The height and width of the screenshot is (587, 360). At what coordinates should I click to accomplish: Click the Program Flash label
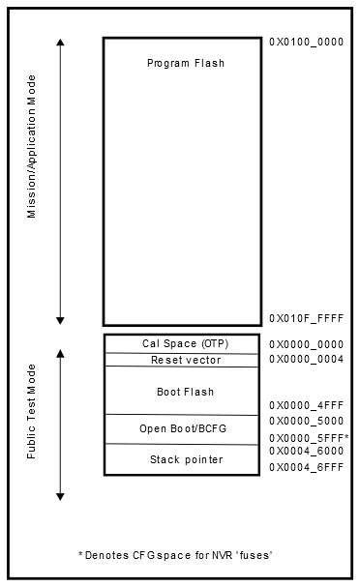[185, 63]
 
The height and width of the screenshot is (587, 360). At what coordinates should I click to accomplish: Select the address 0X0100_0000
[305, 43]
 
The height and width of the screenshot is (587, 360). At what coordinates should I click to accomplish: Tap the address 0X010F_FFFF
[306, 318]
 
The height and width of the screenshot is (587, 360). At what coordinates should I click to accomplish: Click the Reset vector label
[186, 360]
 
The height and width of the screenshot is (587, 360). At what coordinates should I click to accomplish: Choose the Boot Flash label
[185, 392]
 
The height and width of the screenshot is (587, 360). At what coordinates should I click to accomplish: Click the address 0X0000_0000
[306, 344]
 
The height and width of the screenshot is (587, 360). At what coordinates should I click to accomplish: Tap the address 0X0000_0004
[306, 360]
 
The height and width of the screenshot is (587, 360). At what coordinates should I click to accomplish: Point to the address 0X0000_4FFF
[306, 405]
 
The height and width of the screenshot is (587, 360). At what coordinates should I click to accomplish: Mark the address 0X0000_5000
[306, 422]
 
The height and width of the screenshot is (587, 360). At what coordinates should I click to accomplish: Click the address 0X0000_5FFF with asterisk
[308, 438]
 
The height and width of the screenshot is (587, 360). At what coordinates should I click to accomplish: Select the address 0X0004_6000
[306, 451]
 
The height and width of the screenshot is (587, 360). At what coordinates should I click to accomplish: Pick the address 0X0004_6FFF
[306, 467]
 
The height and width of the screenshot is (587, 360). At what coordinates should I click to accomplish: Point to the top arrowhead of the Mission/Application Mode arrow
[61, 44]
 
